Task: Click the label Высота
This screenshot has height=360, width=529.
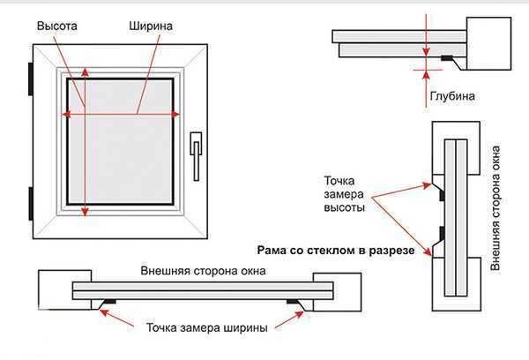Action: click(57, 27)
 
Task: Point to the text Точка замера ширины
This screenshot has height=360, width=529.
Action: click(205, 326)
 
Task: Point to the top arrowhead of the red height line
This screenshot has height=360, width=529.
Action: click(85, 70)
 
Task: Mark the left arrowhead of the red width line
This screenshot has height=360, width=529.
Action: click(65, 113)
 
